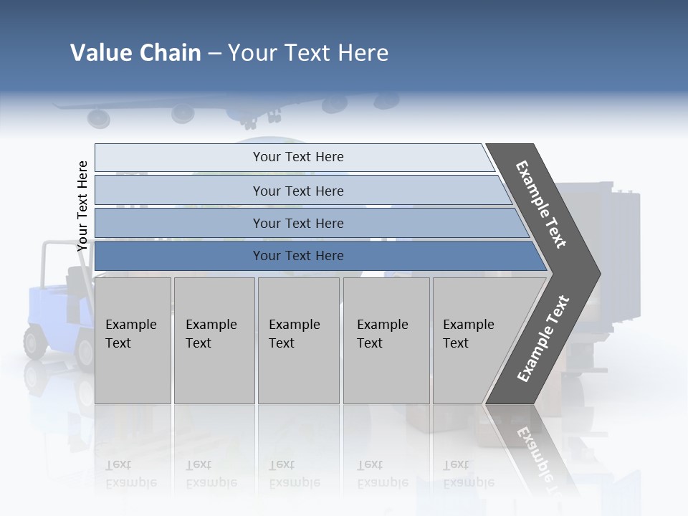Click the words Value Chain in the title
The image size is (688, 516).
point(135,53)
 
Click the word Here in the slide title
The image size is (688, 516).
point(363,53)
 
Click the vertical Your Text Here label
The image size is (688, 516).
point(83,206)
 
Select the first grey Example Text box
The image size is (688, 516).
point(133,340)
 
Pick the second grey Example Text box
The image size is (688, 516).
point(214,340)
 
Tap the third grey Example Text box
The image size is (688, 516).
point(298,340)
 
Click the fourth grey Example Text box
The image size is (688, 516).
point(386,340)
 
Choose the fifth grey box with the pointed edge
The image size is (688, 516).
point(473,340)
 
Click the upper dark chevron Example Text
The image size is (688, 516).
point(542,205)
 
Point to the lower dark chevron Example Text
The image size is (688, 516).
point(543,339)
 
